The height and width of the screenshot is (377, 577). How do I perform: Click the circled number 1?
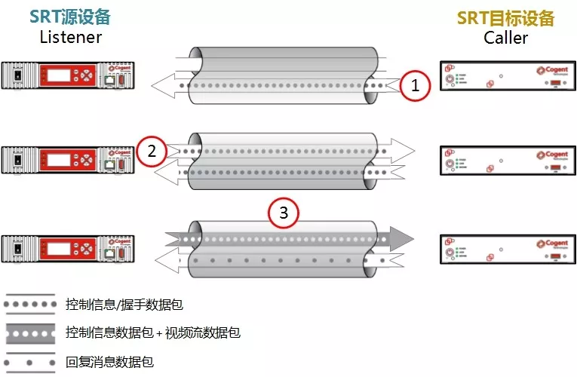(x=415, y=86)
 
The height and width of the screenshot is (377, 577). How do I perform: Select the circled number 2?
(x=152, y=152)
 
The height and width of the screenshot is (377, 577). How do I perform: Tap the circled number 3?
(x=284, y=213)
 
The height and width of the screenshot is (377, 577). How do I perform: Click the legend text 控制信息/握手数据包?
(x=124, y=305)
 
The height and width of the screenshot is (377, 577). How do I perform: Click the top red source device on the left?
(x=68, y=75)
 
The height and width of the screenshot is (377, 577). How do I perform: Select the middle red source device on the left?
(x=68, y=160)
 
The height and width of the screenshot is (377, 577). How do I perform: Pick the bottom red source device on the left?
(x=68, y=247)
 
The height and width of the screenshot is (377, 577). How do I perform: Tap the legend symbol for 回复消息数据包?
(x=30, y=362)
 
